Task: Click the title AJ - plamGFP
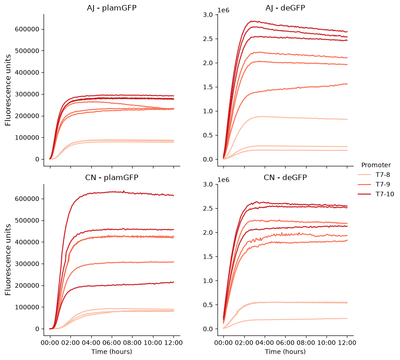pos(112,8)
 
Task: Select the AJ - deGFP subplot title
pos(285,8)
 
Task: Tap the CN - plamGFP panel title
pos(112,177)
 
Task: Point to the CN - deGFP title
pos(285,177)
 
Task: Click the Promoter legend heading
pos(376,165)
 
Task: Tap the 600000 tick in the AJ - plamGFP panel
pos(27,29)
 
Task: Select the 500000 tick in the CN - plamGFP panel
pos(27,220)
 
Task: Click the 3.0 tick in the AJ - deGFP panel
pos(207,15)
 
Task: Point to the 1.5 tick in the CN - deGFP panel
pos(207,257)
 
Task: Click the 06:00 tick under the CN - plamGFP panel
pos(112,343)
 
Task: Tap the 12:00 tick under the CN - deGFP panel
pos(347,343)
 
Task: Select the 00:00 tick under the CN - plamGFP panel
pos(50,343)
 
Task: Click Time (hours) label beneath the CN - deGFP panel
pos(285,352)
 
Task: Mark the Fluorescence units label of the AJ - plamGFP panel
pos(8,90)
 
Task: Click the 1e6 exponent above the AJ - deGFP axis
pos(223,10)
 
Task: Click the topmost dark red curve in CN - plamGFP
pos(112,192)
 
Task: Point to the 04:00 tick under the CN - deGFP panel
pos(265,343)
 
